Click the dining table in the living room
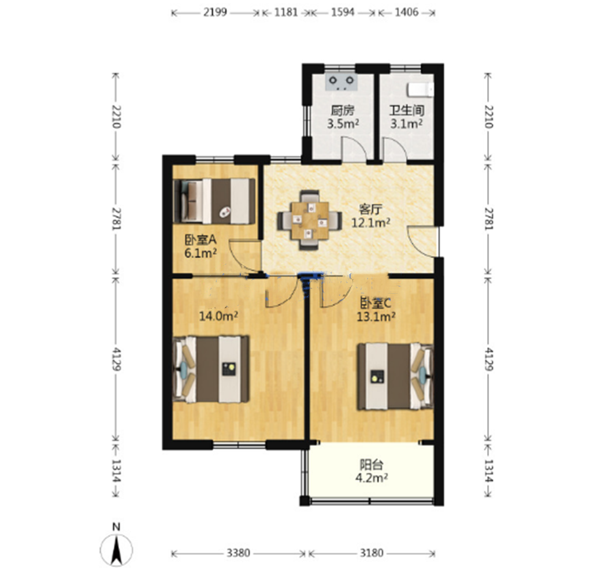[310, 221]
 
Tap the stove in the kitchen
[342, 83]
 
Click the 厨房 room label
[343, 110]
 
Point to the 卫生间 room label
[407, 110]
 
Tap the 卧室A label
[201, 240]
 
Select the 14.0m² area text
[218, 316]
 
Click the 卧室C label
[376, 302]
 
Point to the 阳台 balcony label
[372, 464]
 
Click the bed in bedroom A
[214, 201]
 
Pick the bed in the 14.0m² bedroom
[211, 369]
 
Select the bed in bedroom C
[395, 376]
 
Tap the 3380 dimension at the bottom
[239, 553]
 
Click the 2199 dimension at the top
[215, 12]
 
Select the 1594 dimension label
[343, 12]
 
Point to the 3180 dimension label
[372, 553]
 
